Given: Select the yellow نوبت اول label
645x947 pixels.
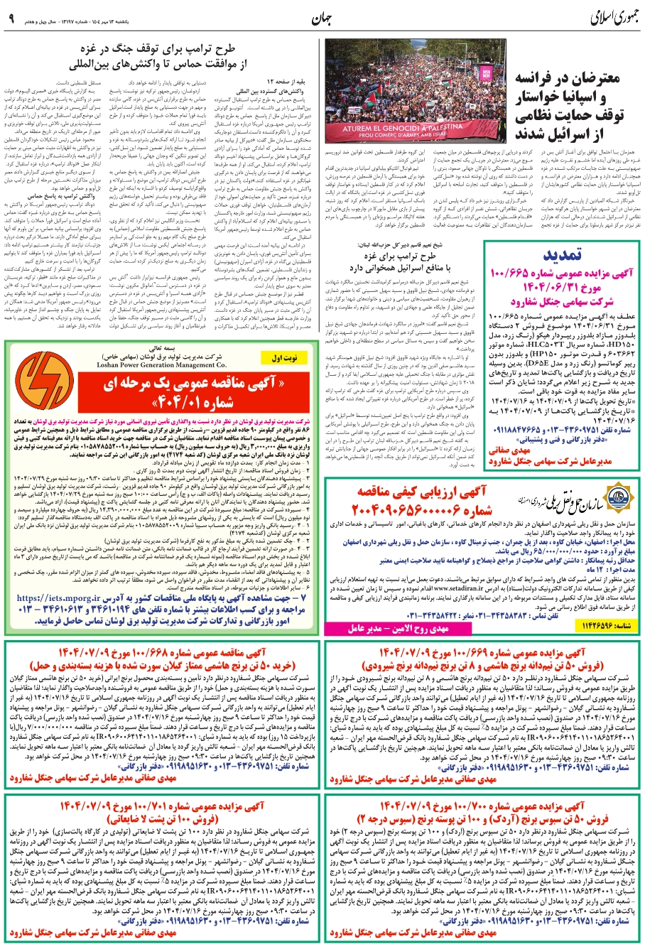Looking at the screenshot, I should coord(281,359).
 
